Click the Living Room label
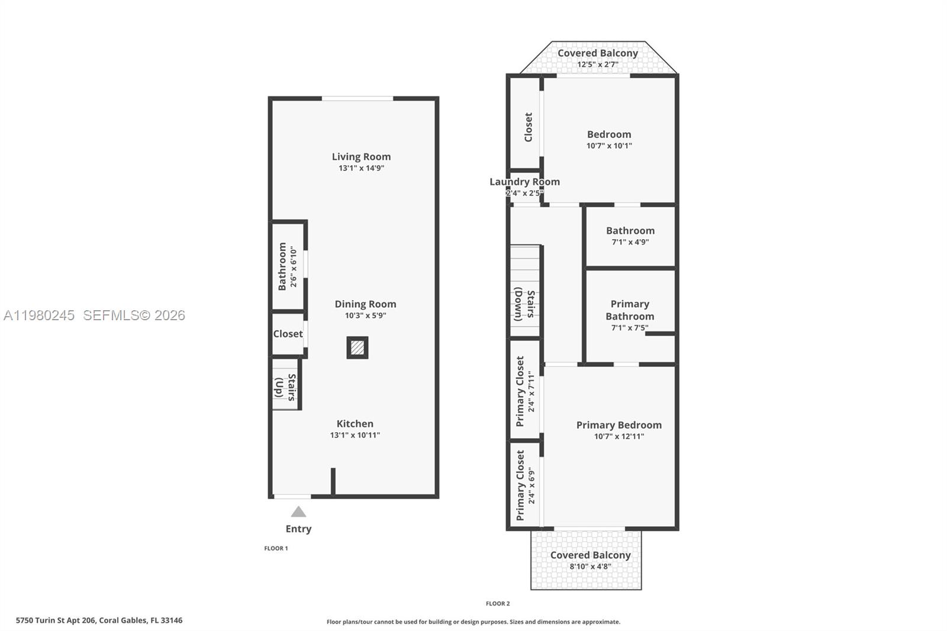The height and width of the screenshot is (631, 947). click(x=361, y=157)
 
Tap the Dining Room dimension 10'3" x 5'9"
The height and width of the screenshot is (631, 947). click(x=365, y=315)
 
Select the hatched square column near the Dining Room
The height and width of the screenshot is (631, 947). click(x=357, y=347)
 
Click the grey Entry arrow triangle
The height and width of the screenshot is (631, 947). click(x=298, y=512)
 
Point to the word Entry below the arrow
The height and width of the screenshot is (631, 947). click(x=298, y=529)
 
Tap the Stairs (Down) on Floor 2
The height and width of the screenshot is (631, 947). click(x=525, y=304)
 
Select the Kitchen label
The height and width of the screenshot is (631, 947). click(x=355, y=424)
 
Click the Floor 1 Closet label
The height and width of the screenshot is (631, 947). click(x=288, y=334)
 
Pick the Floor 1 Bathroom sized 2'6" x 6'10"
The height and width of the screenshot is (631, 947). click(x=286, y=266)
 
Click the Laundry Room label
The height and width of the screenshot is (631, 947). click(x=524, y=182)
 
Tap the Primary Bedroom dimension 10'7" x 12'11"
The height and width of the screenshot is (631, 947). click(x=619, y=436)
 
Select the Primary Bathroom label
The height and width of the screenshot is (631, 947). click(x=630, y=310)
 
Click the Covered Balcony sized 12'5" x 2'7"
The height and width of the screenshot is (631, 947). click(x=598, y=58)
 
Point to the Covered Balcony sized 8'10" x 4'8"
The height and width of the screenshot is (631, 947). click(x=590, y=560)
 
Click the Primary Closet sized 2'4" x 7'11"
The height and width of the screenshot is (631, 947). click(x=525, y=391)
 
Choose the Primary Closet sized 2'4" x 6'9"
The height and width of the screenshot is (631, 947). click(x=525, y=485)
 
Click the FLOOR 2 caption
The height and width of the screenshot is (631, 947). click(x=497, y=604)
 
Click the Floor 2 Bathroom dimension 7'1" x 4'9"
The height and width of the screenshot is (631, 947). click(x=630, y=242)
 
